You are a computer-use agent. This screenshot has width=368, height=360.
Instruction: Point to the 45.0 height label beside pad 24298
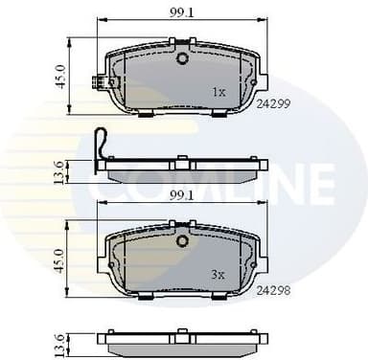[x=58, y=259]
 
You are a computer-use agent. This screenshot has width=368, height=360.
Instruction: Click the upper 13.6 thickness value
[x=58, y=172]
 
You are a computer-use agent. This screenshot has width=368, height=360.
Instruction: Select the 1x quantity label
[x=218, y=93]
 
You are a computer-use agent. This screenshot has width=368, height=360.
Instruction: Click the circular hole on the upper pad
[x=181, y=58]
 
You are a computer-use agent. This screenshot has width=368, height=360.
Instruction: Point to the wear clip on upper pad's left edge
[x=97, y=84]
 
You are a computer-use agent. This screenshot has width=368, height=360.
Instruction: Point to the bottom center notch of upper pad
[x=181, y=113]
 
